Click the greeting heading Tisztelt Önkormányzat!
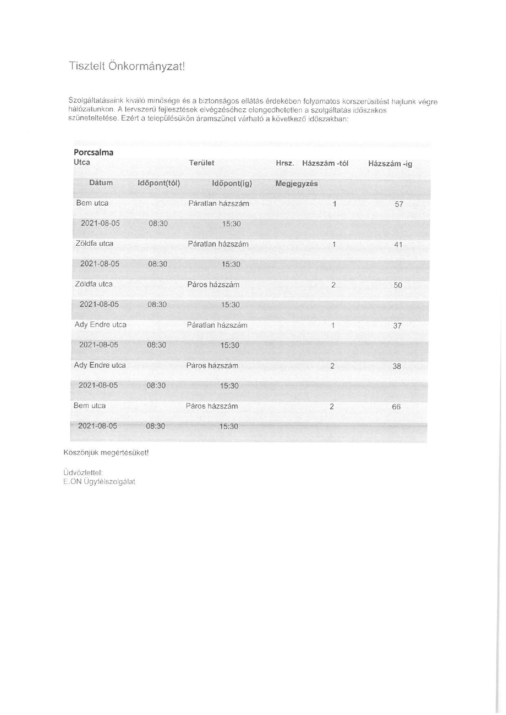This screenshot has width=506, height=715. click(x=127, y=67)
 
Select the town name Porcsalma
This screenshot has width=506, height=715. click(x=93, y=152)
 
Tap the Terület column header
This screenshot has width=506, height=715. click(x=202, y=163)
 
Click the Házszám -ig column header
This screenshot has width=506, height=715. click(x=390, y=164)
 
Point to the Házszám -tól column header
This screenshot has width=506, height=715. click(x=325, y=163)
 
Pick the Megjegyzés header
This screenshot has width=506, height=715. click(x=297, y=184)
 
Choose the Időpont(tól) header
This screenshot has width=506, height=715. click(x=159, y=183)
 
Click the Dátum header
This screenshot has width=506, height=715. click(x=101, y=182)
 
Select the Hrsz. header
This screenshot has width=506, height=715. click(x=285, y=163)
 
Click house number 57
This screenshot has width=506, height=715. click(x=399, y=204)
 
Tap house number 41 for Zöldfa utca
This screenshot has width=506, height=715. click(x=398, y=244)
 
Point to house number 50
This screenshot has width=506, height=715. click(x=398, y=285)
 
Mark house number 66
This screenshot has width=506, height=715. click(x=396, y=407)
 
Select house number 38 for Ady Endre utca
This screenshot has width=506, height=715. click(x=397, y=366)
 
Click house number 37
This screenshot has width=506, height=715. click(x=397, y=326)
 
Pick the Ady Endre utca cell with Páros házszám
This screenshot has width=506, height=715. click(x=100, y=365)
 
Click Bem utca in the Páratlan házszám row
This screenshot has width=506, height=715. click(x=92, y=203)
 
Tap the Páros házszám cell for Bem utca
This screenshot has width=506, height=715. click(x=212, y=406)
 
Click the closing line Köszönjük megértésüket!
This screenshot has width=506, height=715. click(x=106, y=453)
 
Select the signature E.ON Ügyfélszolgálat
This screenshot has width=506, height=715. click(x=99, y=482)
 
